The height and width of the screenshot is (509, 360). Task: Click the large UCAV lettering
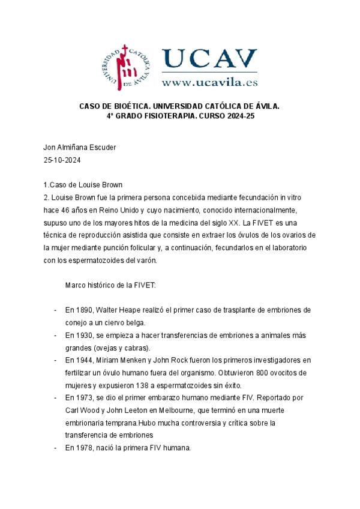click(x=209, y=59)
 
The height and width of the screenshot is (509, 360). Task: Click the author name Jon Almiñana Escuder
click(x=79, y=148)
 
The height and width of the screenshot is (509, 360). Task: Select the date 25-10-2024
click(x=62, y=160)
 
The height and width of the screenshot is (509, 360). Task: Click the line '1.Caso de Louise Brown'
click(x=83, y=184)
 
